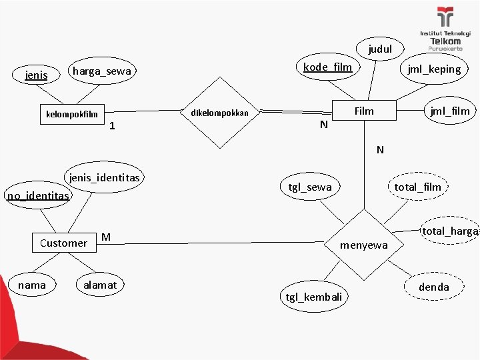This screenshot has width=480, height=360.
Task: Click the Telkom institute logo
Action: [x=445, y=31]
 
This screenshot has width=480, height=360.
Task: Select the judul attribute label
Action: [x=381, y=49]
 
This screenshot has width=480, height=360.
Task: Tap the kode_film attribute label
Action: [x=327, y=67]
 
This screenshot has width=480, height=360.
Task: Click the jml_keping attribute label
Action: [x=434, y=69]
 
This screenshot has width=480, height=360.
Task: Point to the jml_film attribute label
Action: [x=450, y=111]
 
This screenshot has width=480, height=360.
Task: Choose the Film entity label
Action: [x=364, y=111]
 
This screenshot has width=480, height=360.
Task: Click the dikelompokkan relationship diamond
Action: [x=219, y=113]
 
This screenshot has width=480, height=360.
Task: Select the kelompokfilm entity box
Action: [x=71, y=114]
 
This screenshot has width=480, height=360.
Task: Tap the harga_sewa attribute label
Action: [x=103, y=71]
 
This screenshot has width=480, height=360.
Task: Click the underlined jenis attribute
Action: [x=36, y=75]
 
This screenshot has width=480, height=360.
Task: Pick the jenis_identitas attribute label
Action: [x=105, y=177]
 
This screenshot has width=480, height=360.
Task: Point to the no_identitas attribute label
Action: [x=37, y=196]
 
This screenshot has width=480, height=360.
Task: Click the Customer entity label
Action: [x=63, y=243]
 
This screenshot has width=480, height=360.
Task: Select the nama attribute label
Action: [x=32, y=285]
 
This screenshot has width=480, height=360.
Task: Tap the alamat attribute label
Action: [x=100, y=285]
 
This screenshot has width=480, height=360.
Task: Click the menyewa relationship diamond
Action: [x=364, y=245]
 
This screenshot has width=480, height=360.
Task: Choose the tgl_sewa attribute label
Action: [x=309, y=187]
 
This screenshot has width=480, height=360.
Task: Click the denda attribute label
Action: [x=434, y=287]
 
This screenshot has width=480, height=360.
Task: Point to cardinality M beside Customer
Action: [x=106, y=237]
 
